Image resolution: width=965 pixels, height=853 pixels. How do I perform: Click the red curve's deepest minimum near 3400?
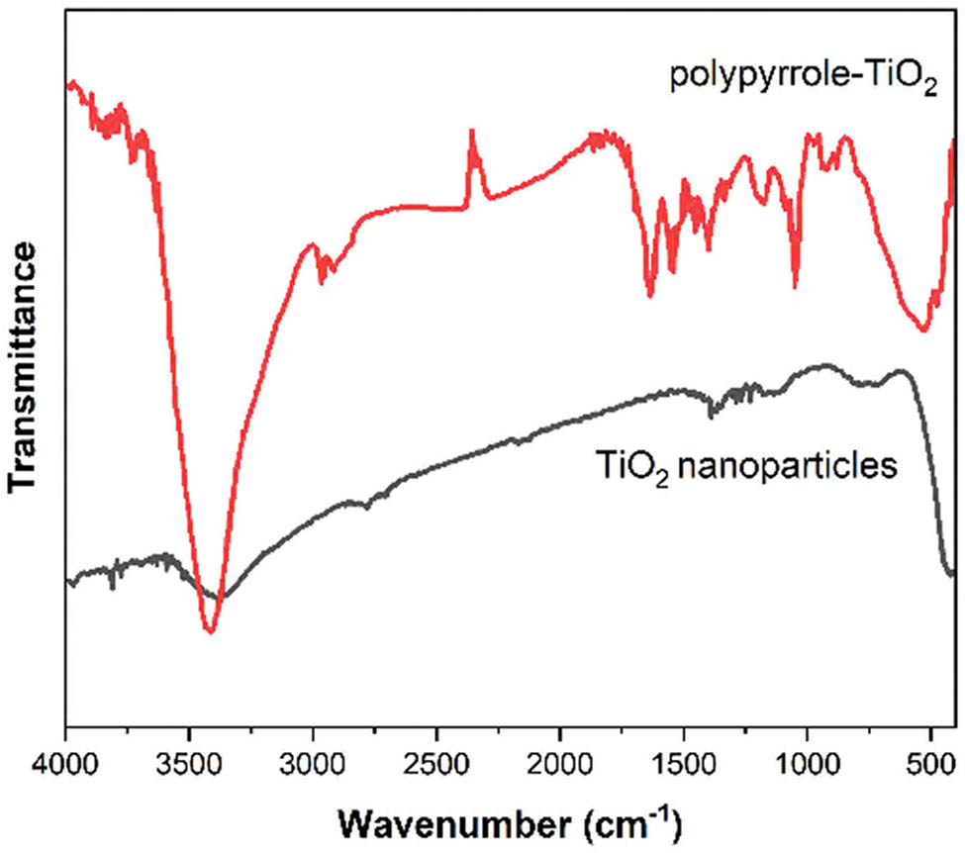(x=210, y=631)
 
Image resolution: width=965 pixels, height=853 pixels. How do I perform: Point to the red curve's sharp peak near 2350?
(x=472, y=132)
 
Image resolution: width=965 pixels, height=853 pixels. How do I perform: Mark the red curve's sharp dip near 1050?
(x=795, y=287)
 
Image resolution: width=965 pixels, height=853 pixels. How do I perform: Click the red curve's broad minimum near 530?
(x=923, y=331)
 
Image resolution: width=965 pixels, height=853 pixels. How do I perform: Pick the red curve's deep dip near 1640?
(x=649, y=296)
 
